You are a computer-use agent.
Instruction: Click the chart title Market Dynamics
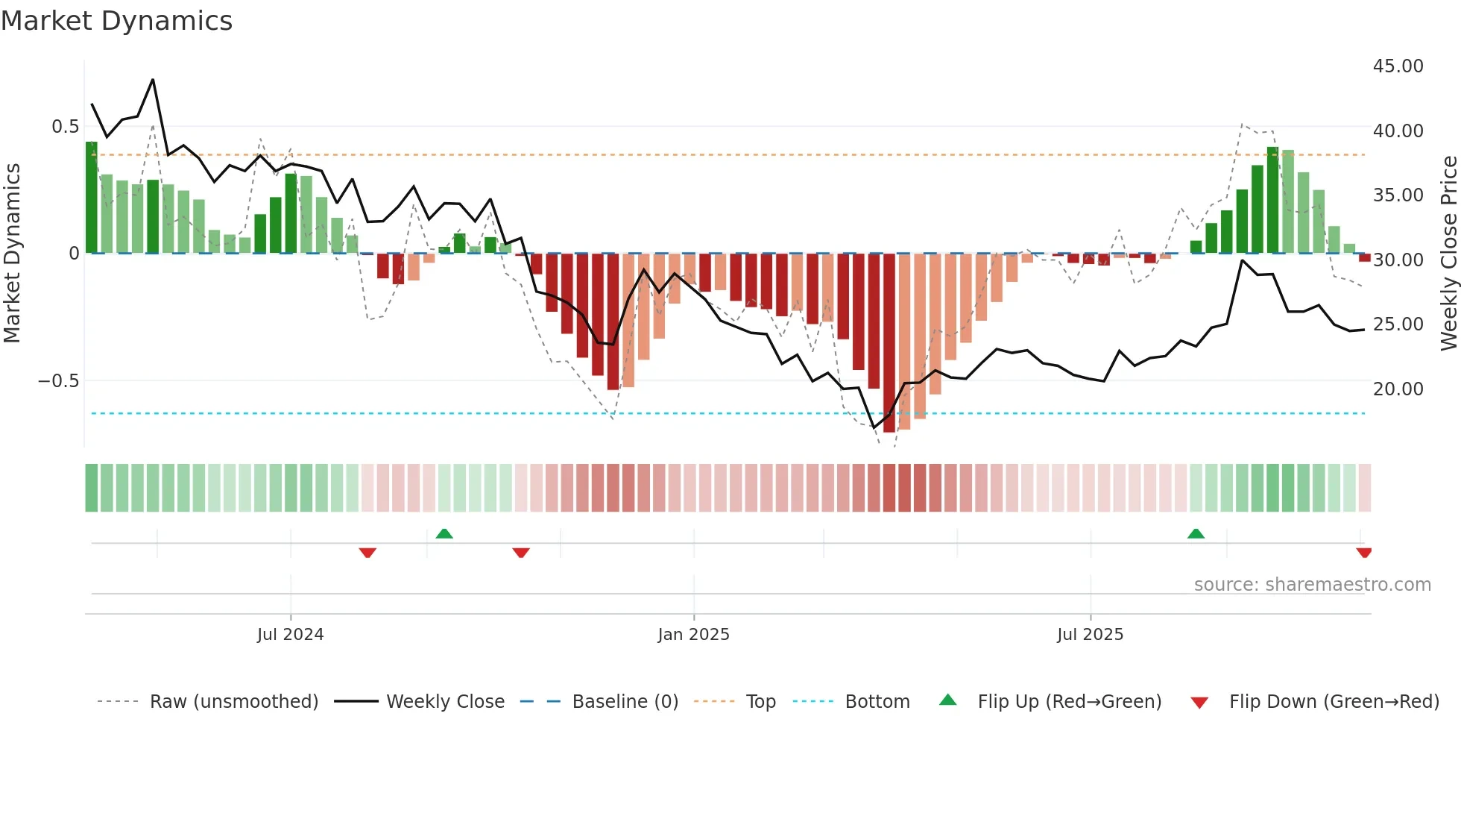click(x=117, y=21)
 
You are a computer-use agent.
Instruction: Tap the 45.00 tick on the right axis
click(x=1398, y=66)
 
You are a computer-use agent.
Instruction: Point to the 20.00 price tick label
click(x=1398, y=389)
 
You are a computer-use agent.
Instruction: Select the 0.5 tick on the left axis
click(x=65, y=127)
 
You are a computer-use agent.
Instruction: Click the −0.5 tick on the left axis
click(x=58, y=381)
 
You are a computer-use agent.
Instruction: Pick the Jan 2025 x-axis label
click(x=693, y=635)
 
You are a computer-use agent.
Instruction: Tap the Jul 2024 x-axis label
click(x=290, y=635)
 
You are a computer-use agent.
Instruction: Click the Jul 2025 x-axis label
click(x=1090, y=635)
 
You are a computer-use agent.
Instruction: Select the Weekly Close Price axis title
click(x=1448, y=254)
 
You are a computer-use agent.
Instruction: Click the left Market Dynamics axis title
click(x=12, y=254)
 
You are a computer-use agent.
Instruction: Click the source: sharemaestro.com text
click(x=1312, y=585)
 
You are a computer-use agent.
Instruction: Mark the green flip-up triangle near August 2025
click(x=1196, y=534)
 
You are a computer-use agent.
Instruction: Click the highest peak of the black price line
click(x=153, y=80)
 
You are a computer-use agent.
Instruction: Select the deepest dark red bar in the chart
click(x=889, y=343)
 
